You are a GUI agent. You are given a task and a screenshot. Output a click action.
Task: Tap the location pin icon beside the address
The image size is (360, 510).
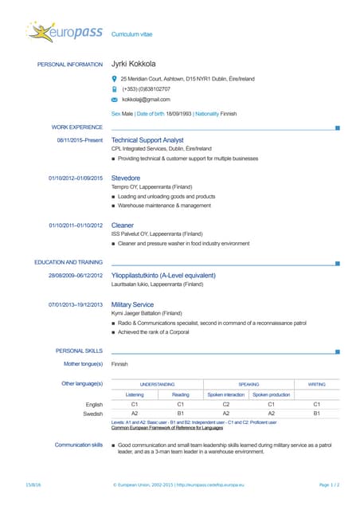115,79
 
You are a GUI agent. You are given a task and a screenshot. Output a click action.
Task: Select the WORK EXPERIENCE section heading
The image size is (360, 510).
77,127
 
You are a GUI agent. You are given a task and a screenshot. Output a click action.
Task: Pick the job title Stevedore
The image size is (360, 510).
126,178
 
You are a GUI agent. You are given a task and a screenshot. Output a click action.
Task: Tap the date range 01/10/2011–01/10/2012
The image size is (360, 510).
76,226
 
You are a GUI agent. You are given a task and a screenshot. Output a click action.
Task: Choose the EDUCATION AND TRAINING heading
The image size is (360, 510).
68,262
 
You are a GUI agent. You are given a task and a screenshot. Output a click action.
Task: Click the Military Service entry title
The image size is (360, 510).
132,304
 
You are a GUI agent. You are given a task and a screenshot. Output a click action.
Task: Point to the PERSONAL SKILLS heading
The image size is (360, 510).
79,351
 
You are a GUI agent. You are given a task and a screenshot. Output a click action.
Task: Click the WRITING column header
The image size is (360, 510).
316,384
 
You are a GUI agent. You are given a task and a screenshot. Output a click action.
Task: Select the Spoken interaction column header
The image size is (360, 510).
226,394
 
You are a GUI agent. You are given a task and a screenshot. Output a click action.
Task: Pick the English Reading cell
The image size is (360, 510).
181,405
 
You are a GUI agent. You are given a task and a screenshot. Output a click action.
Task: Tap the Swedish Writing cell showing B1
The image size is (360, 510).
316,414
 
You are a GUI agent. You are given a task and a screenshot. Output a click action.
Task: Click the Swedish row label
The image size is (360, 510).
93,414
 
